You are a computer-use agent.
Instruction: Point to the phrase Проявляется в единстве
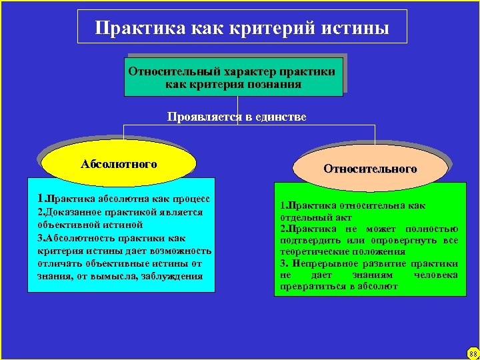237,117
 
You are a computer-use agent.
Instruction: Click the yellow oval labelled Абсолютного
119,164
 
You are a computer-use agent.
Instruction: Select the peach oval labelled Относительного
370,169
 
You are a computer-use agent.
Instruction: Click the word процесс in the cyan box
190,199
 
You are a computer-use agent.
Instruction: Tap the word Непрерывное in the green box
322,263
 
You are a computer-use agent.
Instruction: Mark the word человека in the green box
435,275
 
